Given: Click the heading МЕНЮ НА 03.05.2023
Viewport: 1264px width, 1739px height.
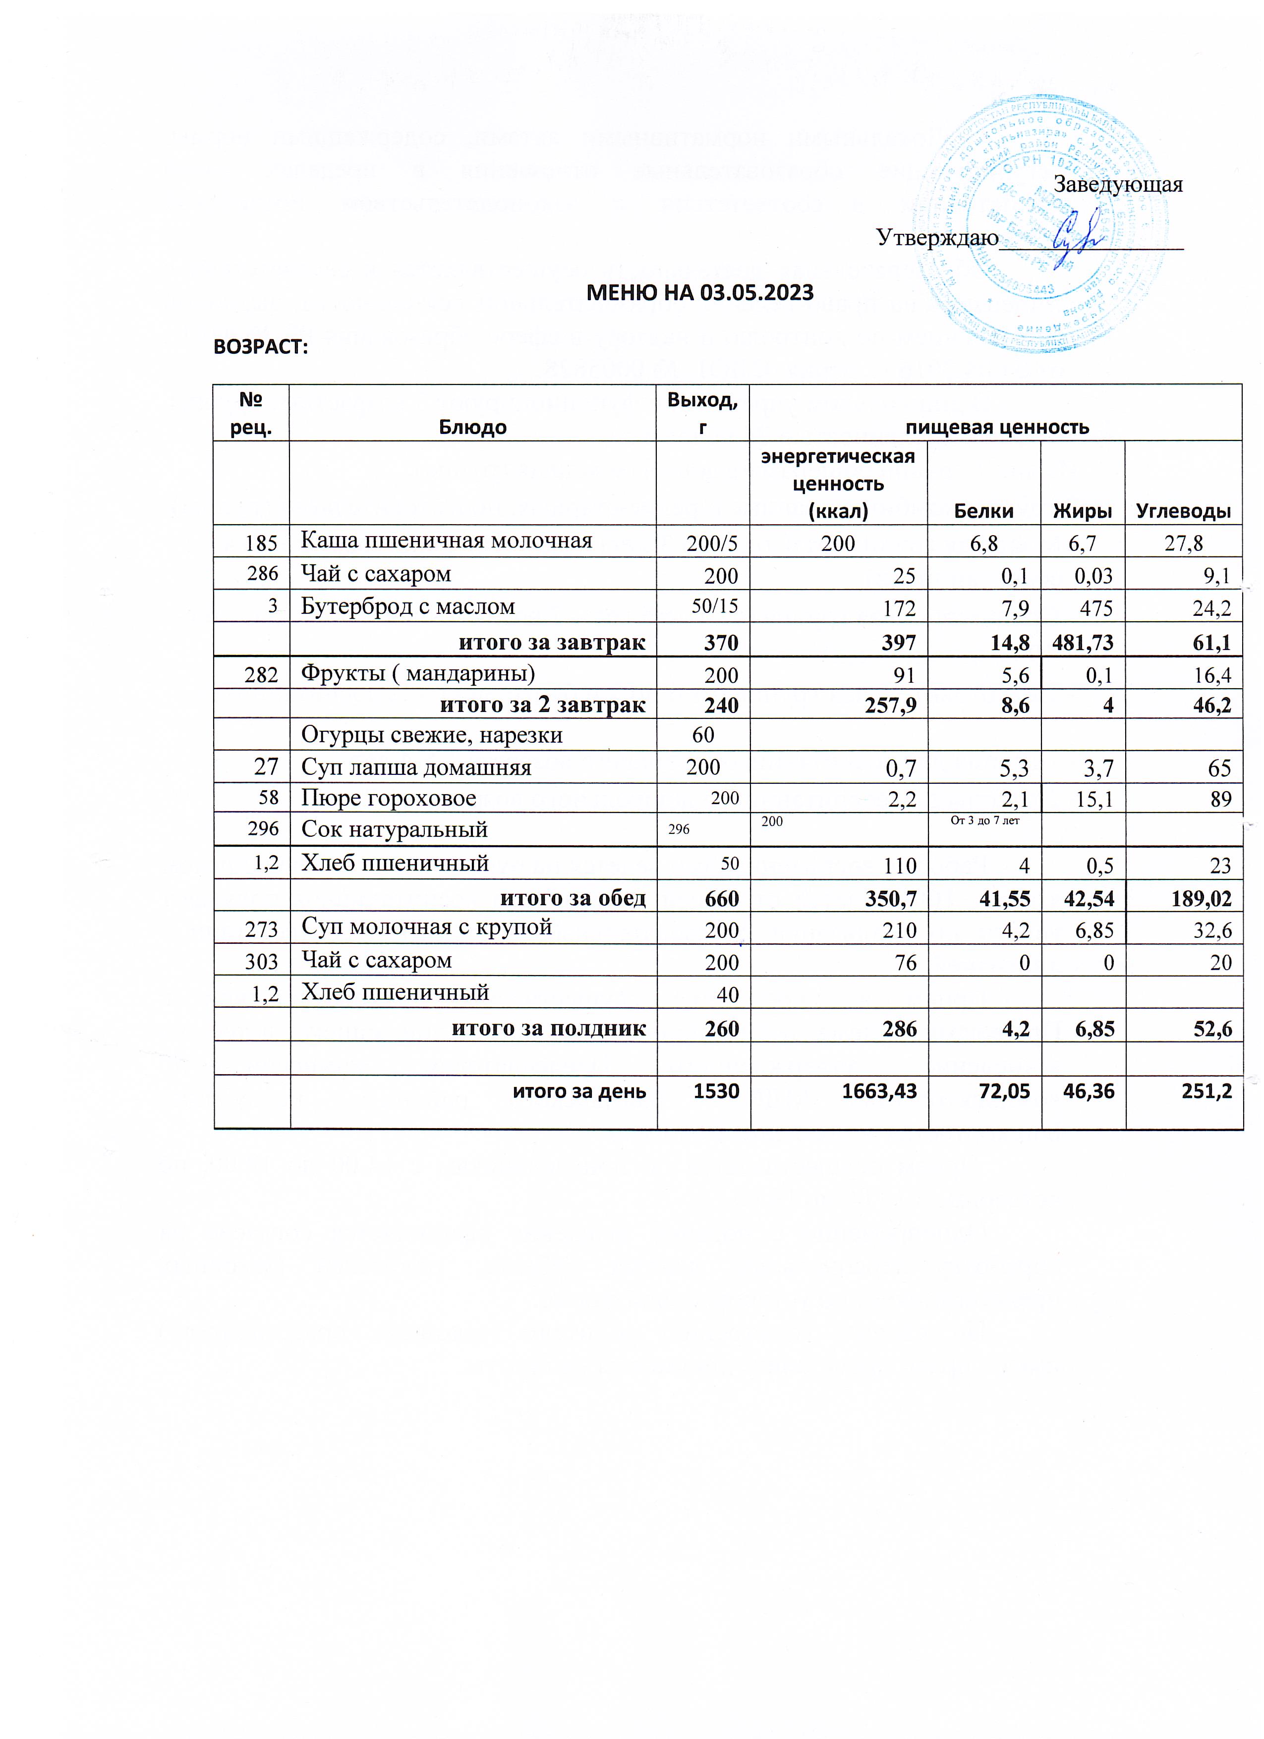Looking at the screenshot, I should click(x=699, y=292).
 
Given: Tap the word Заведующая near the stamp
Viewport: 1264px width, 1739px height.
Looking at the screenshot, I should click(x=1117, y=185).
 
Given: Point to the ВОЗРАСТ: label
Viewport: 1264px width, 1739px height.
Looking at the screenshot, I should click(x=260, y=347).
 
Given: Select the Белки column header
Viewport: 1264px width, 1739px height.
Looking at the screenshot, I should click(x=983, y=511).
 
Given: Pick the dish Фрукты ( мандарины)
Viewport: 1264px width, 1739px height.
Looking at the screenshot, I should click(x=417, y=673).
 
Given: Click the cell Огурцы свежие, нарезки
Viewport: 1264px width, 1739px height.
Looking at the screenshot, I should click(x=431, y=735).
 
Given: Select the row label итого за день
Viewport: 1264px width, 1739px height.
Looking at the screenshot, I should click(x=579, y=1090).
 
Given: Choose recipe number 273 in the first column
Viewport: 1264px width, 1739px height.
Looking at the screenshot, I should click(x=261, y=929).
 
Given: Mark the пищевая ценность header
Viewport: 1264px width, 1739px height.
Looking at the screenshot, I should click(x=996, y=427).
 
